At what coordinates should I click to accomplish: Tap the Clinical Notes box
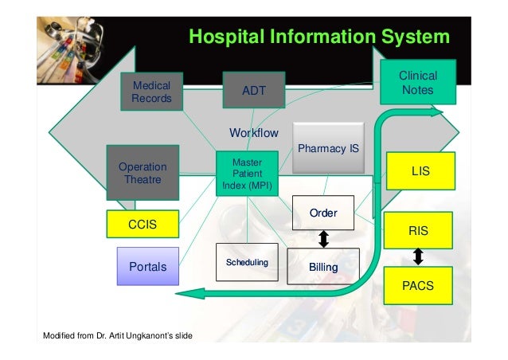click(417, 83)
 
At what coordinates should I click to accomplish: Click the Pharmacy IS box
click(328, 148)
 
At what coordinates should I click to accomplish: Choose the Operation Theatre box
click(143, 173)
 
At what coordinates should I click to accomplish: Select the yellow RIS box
click(418, 231)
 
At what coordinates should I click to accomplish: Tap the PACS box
click(418, 284)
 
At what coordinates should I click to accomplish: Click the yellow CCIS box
click(143, 225)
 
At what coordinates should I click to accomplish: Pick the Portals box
click(148, 267)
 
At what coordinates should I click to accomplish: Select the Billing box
click(323, 268)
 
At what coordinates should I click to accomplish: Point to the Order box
click(323, 213)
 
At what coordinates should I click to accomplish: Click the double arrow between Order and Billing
click(324, 240)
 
